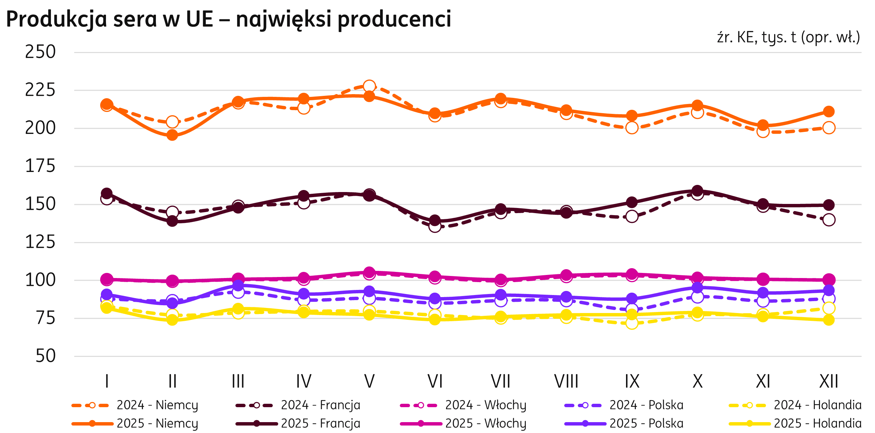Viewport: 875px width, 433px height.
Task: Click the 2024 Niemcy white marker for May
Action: coord(369,86)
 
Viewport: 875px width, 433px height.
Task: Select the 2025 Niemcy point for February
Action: coord(172,135)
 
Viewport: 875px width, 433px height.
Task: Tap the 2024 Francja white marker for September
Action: coord(632,216)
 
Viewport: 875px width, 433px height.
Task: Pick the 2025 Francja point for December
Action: coord(829,205)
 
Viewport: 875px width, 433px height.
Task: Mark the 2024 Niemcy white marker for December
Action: coord(829,128)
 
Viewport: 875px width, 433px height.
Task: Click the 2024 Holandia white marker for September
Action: coord(632,323)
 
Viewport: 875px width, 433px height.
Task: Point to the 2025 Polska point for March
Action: coord(238,285)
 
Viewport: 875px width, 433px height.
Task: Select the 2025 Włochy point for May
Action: coord(369,272)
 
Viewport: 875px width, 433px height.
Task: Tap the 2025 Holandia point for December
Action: coord(829,320)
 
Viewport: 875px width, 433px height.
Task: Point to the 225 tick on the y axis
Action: coord(40,90)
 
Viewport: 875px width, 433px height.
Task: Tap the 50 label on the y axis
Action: coord(46,356)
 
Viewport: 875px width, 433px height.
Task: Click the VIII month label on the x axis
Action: coord(566,381)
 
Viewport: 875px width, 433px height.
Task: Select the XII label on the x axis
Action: coord(829,381)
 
